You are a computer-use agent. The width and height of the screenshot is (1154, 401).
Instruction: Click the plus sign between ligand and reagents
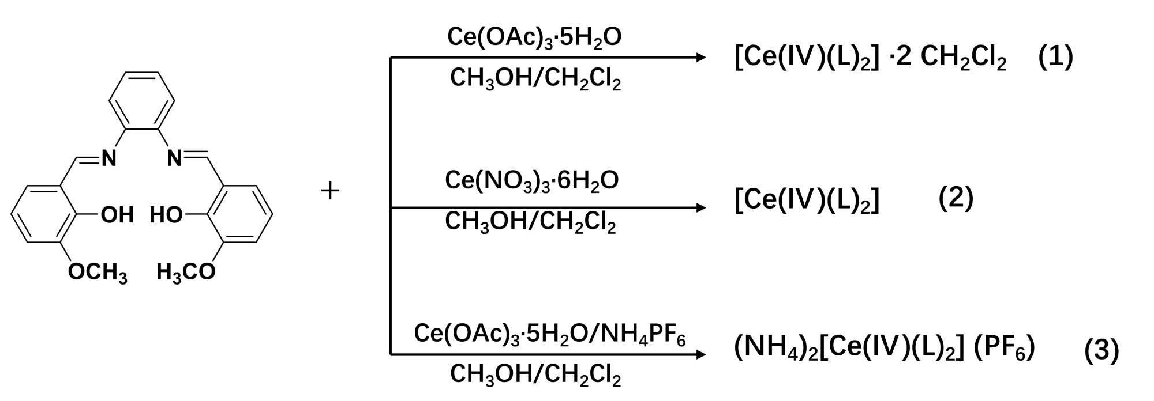330,191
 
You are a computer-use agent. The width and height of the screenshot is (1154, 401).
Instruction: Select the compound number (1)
1055,57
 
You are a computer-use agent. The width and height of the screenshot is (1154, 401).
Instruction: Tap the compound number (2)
956,198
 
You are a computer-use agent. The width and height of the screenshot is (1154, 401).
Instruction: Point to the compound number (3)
1101,350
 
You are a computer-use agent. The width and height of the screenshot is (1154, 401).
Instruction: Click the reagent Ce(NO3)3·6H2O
531,181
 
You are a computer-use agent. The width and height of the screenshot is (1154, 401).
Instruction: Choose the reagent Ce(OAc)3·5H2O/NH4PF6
549,334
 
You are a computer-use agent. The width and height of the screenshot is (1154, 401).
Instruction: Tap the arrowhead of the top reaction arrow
701,57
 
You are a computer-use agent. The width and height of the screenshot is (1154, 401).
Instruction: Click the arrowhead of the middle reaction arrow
701,207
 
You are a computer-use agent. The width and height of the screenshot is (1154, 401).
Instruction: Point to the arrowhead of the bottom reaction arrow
701,354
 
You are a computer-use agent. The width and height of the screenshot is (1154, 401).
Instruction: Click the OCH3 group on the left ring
98,272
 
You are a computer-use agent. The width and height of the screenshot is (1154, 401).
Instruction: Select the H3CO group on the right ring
186,272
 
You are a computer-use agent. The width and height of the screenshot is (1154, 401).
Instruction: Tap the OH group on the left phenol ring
117,215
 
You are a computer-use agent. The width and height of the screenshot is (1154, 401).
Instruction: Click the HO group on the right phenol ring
166,215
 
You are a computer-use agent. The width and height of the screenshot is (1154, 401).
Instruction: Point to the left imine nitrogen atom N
108,157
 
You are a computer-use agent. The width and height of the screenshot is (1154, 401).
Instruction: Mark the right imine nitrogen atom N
174,157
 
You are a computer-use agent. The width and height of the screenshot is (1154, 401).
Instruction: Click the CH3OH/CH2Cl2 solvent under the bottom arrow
535,375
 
